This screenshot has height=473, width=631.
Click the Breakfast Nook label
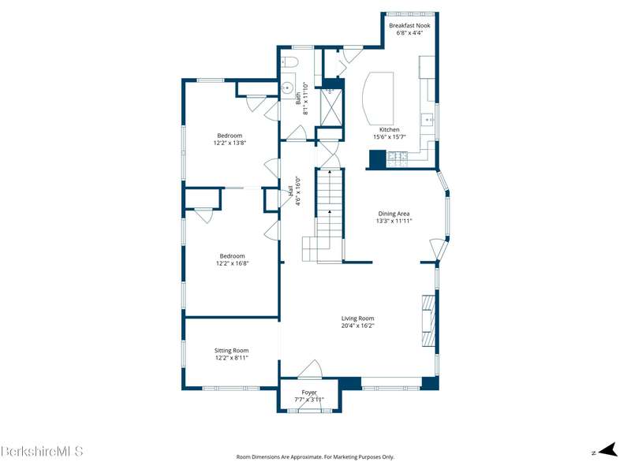click(409, 25)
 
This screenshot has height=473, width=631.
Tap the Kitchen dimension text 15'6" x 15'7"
click(389, 136)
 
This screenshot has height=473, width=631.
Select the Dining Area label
click(394, 214)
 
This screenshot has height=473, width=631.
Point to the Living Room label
click(358, 318)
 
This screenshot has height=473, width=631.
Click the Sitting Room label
click(231, 350)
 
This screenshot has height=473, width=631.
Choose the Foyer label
click(309, 392)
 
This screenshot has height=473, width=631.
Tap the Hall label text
click(290, 191)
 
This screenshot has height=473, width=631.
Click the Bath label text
click(298, 99)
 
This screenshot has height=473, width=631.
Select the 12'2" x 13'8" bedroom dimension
click(230, 143)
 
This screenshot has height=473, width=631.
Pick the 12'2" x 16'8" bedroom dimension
click(232, 263)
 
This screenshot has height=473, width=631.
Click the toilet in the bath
click(289, 61)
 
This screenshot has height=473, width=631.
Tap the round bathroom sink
click(287, 88)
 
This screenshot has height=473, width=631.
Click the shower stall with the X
click(330, 107)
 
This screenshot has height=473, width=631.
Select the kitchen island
click(379, 98)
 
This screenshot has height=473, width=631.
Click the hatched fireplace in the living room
click(428, 321)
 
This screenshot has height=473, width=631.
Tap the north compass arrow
click(607, 449)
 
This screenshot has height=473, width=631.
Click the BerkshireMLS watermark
click(42, 450)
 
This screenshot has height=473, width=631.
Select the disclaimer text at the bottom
click(315, 457)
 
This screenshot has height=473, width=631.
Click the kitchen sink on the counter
click(427, 120)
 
